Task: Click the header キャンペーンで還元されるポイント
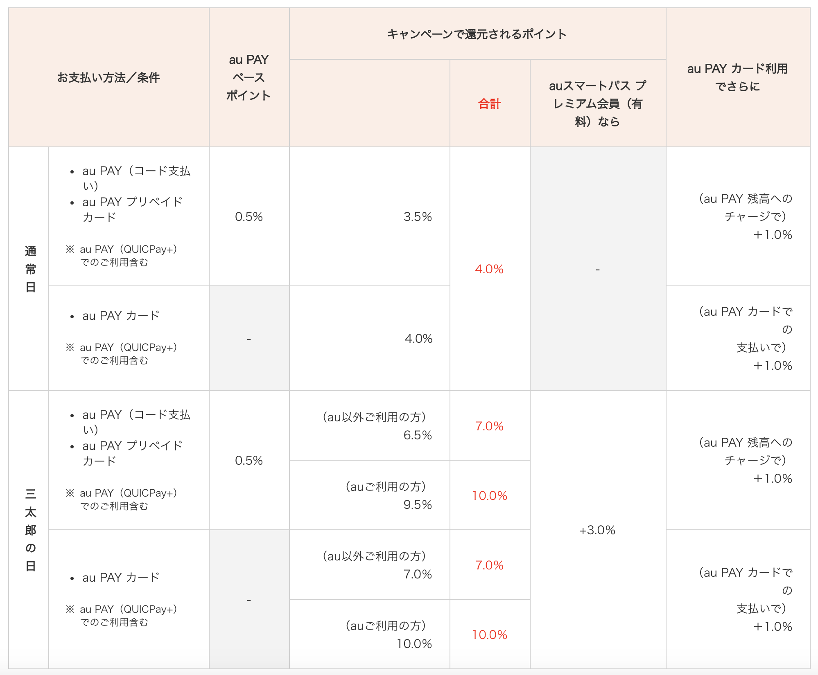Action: click(x=477, y=34)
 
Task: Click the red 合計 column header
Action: click(x=490, y=104)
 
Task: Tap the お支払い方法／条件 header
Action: click(x=108, y=77)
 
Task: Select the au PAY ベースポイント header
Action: click(x=249, y=77)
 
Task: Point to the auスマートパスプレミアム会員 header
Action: click(x=597, y=103)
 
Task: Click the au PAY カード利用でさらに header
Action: click(x=737, y=77)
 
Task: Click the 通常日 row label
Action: click(x=30, y=269)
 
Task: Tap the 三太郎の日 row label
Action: click(x=30, y=530)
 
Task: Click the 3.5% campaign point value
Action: click(x=418, y=216)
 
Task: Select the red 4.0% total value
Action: click(x=489, y=269)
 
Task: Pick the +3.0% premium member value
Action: click(x=597, y=530)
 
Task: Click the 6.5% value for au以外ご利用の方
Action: click(x=418, y=435)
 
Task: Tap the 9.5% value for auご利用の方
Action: click(x=418, y=505)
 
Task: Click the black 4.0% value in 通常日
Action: click(x=418, y=339)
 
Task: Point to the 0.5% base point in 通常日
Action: click(x=249, y=216)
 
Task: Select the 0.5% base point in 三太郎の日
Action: click(x=249, y=460)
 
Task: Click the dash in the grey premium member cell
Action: click(x=598, y=270)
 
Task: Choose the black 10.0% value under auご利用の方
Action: click(x=414, y=644)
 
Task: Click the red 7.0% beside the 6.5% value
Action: click(x=489, y=426)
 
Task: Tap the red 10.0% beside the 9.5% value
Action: click(x=490, y=496)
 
